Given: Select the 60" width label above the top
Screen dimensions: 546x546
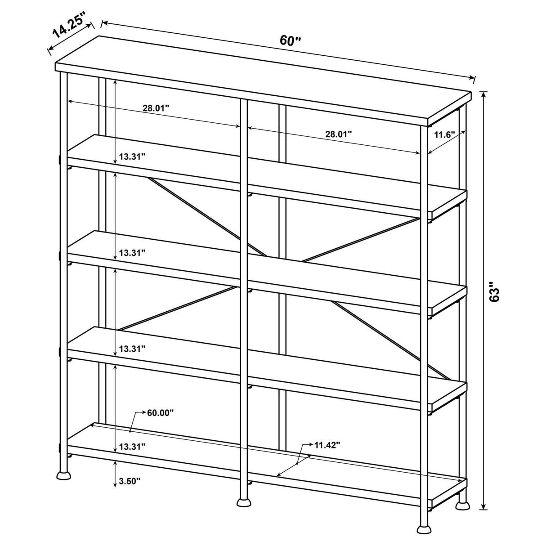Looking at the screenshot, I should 290,40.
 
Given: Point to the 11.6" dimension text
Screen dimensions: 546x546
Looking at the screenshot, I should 444,134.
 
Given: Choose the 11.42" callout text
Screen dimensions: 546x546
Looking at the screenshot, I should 327,445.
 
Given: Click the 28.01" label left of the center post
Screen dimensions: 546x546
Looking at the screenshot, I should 156,108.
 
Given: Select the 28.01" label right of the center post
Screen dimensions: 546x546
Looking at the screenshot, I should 338,134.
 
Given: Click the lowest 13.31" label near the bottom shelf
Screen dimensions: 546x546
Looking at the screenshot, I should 132,447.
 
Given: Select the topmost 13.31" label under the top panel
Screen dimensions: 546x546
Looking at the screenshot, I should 132,157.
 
